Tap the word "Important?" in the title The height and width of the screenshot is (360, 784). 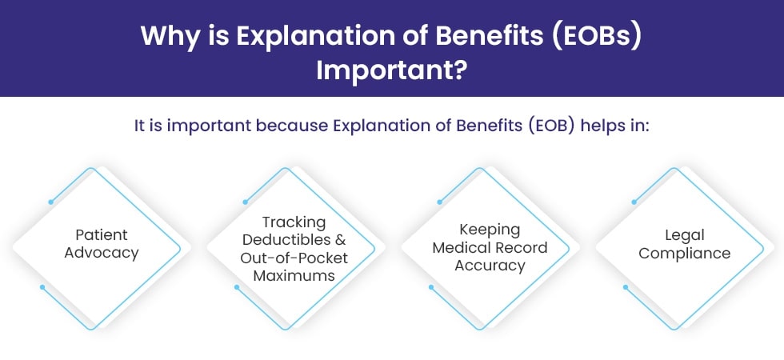(x=392, y=71)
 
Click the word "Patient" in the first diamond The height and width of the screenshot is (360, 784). (x=102, y=234)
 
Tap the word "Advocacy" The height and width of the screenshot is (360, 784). (x=102, y=253)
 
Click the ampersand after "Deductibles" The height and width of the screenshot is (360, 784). (x=341, y=239)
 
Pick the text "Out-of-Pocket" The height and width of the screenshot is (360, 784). (x=294, y=258)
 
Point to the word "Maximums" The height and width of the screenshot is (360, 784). (x=294, y=275)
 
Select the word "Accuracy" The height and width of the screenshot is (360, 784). (x=490, y=266)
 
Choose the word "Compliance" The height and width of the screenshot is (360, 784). (x=685, y=253)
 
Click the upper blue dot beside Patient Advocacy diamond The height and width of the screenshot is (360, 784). (x=51, y=202)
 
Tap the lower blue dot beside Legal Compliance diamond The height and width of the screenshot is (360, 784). (x=626, y=287)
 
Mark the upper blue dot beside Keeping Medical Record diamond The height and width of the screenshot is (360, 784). (x=439, y=202)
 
